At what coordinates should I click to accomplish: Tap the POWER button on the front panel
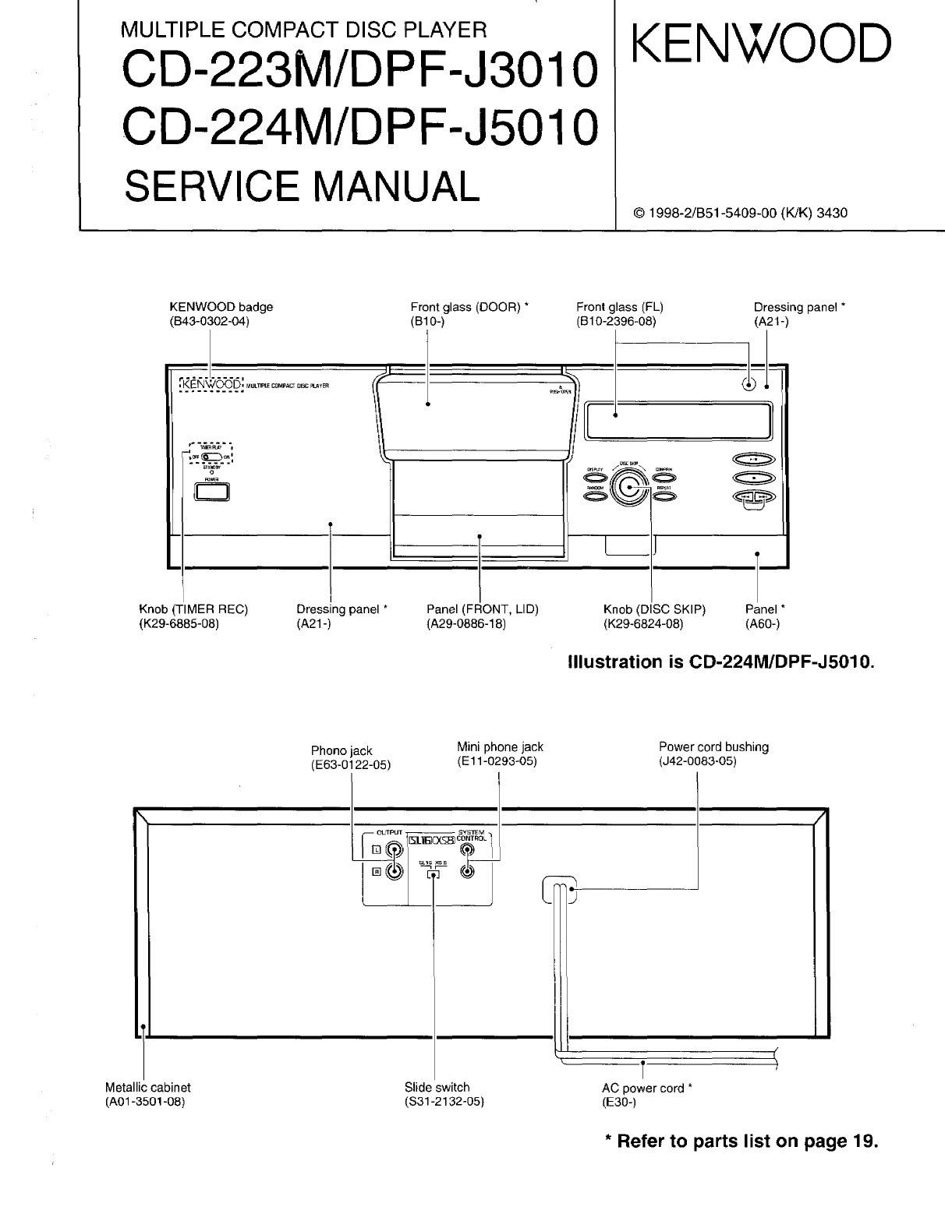click(x=211, y=492)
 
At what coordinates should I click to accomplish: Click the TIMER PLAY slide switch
click(x=211, y=457)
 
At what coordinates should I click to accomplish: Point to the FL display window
click(x=677, y=421)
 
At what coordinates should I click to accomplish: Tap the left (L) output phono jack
click(x=395, y=850)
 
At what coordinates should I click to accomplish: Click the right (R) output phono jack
click(x=395, y=873)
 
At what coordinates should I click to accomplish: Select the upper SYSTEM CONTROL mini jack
click(x=467, y=850)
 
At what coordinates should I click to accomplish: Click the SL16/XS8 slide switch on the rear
click(x=433, y=874)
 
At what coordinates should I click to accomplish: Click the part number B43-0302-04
click(x=209, y=321)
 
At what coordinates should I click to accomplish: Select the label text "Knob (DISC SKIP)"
click(x=653, y=609)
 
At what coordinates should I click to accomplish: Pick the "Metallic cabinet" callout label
click(x=147, y=1087)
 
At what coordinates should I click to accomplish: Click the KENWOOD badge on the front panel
click(x=211, y=385)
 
